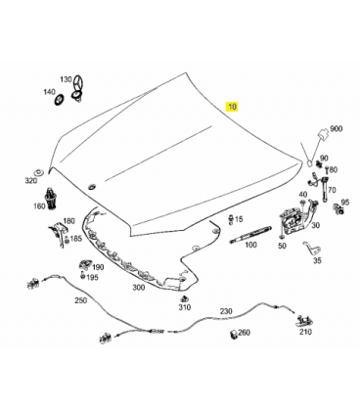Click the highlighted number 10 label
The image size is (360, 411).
click(232, 107)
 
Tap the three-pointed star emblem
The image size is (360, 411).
click(78, 84)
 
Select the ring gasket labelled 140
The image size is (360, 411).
click(59, 100)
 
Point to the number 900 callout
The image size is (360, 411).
click(337, 129)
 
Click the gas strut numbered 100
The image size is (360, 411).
click(250, 234)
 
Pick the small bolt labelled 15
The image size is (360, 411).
click(231, 219)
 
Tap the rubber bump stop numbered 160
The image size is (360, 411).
click(51, 200)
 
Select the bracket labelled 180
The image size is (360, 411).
click(58, 232)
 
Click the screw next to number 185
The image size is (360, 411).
click(67, 240)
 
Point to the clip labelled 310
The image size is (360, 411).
click(184, 298)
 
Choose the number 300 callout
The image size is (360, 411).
click(139, 287)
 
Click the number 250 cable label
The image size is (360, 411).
click(81, 299)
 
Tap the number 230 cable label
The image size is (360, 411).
click(226, 311)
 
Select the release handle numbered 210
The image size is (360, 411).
click(303, 320)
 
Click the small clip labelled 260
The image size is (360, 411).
click(234, 335)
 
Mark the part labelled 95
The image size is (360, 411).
click(338, 208)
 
